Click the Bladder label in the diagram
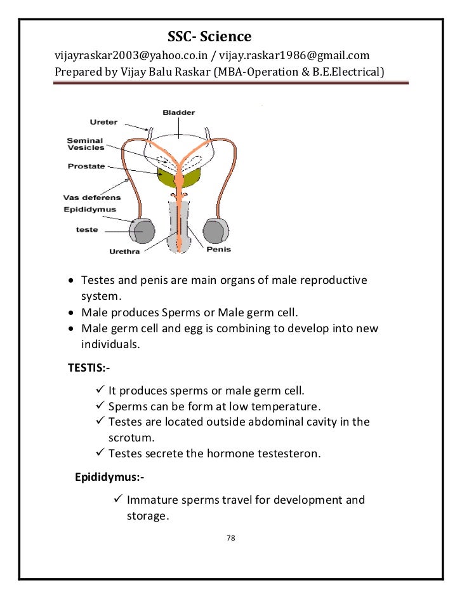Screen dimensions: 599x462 pyautogui.click(x=178, y=112)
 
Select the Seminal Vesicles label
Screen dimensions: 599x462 pyautogui.click(x=86, y=144)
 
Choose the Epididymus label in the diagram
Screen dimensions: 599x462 pyautogui.click(x=90, y=208)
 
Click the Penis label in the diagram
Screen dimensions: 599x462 pyautogui.click(x=218, y=249)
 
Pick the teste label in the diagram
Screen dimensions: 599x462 pyautogui.click(x=87, y=229)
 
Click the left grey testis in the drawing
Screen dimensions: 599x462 pyautogui.click(x=142, y=232)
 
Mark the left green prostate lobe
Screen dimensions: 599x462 pyautogui.click(x=166, y=177)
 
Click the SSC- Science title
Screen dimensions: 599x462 pyautogui.click(x=209, y=36)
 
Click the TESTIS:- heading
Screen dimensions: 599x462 pyautogui.click(x=93, y=367)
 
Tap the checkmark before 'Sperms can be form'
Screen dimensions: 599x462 pyautogui.click(x=100, y=406)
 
